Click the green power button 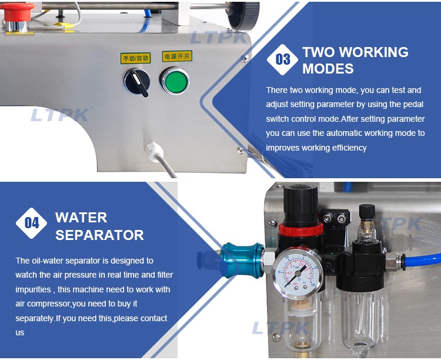(175, 81)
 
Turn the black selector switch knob (137, 82)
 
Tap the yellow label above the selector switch (136, 58)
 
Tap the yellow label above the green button (177, 56)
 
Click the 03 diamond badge (282, 59)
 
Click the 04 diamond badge (32, 223)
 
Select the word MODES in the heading (328, 69)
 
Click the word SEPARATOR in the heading (99, 235)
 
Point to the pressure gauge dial (298, 272)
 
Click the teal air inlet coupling (242, 260)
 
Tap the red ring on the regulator (300, 229)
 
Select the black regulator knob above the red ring (300, 204)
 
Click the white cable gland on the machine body (154, 152)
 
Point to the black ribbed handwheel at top (243, 15)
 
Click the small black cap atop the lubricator (367, 211)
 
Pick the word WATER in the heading (81, 218)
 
